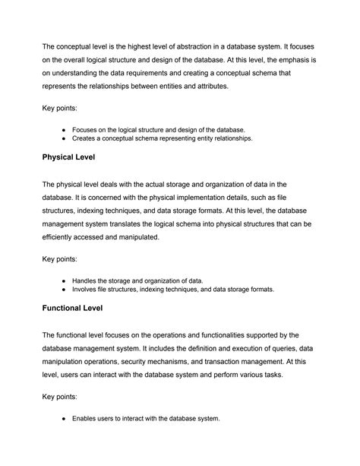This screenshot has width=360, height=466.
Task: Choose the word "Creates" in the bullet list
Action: (x=87, y=139)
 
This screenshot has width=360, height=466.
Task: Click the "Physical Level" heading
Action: (x=79, y=157)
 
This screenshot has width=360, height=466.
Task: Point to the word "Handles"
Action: (x=87, y=281)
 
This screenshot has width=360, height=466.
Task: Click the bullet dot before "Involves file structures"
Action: (x=65, y=290)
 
